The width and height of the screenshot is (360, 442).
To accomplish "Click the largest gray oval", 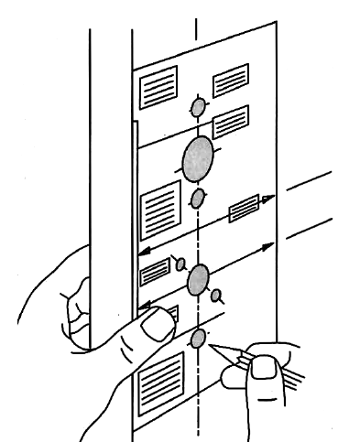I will click(x=197, y=159).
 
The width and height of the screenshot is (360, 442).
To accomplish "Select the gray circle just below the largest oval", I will click(x=197, y=199).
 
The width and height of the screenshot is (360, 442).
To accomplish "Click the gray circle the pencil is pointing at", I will click(x=198, y=340).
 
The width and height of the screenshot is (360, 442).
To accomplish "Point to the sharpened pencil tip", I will click(x=212, y=348).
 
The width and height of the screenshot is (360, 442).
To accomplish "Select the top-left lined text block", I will click(x=156, y=88).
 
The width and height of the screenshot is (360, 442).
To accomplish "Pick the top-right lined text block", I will click(x=230, y=80).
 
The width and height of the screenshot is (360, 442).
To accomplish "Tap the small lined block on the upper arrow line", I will click(x=245, y=207).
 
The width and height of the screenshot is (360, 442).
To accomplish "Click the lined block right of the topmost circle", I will click(x=230, y=121).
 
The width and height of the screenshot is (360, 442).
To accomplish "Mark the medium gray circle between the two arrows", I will click(x=197, y=281).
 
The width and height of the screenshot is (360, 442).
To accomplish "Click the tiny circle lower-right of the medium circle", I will click(x=216, y=296).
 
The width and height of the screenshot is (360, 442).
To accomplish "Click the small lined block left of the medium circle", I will click(x=154, y=271).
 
